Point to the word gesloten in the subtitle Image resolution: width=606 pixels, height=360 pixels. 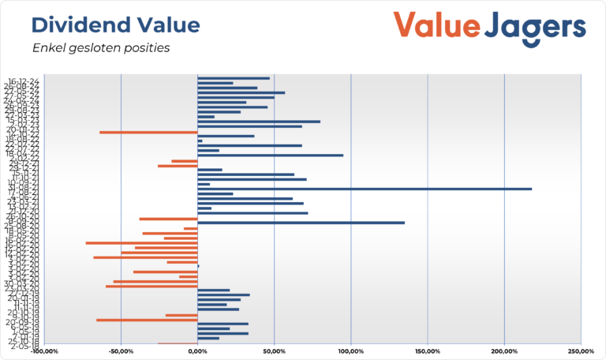click(97, 48)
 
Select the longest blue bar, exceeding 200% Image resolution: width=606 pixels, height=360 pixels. click(364, 189)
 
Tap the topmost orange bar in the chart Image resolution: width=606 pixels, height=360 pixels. click(148, 133)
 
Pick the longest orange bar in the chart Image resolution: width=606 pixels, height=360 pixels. click(141, 242)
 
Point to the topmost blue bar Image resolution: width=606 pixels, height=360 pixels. click(233, 78)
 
